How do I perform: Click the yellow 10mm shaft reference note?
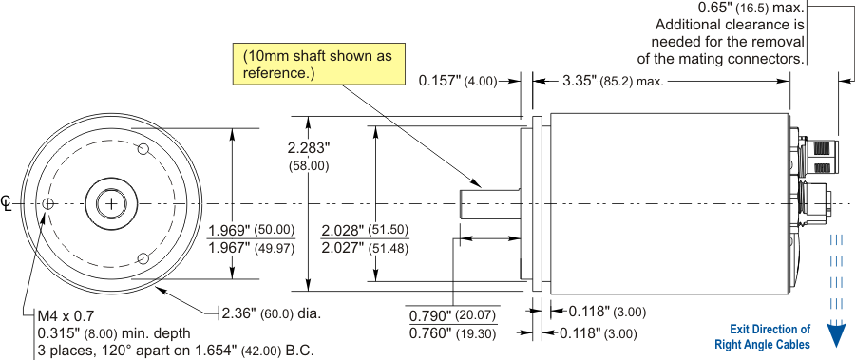click(x=319, y=64)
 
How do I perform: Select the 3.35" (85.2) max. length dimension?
click(x=613, y=82)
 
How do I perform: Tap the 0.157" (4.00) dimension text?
click(x=458, y=82)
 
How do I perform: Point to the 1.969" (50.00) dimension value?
click(x=252, y=230)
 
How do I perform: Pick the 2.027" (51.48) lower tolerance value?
click(x=365, y=248)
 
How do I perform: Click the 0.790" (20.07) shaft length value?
click(x=454, y=315)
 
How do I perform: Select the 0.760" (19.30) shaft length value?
click(x=454, y=332)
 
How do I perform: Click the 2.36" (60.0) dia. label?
click(x=271, y=313)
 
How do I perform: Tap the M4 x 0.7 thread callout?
click(x=66, y=315)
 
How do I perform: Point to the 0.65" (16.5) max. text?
click(x=751, y=9)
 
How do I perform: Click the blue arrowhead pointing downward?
click(x=835, y=334)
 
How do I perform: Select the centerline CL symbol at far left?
click(x=6, y=202)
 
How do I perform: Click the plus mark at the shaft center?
click(x=111, y=204)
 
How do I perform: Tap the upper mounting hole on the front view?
click(x=144, y=149)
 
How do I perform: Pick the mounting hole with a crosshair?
click(x=48, y=203)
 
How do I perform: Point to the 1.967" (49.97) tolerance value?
click(x=252, y=248)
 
